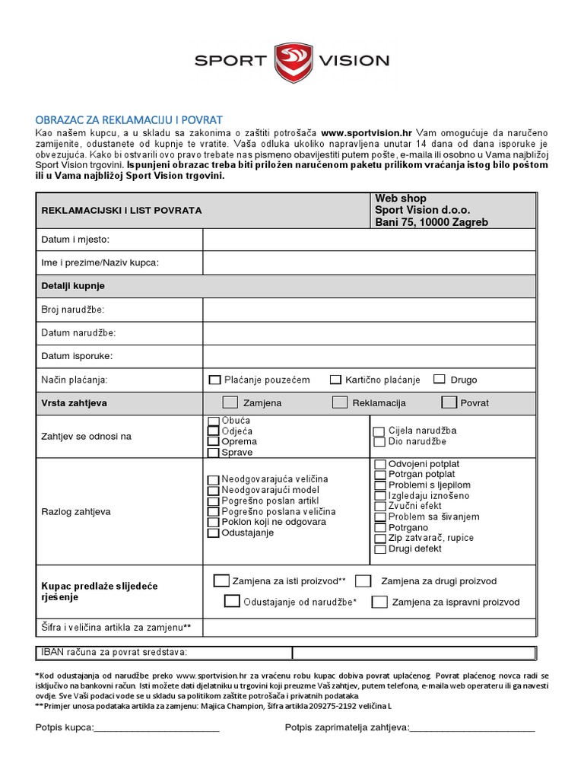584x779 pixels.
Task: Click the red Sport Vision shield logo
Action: [x=291, y=62]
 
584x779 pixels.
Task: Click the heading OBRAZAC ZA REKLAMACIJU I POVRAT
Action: [x=129, y=120]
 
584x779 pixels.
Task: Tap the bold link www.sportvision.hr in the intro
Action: [x=367, y=132]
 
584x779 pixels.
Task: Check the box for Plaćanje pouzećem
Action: [x=214, y=380]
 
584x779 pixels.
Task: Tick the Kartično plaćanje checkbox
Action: [x=335, y=380]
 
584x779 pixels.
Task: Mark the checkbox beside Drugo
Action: [x=439, y=380]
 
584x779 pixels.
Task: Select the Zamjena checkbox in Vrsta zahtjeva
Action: [x=230, y=402]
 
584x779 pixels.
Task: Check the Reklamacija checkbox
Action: [x=340, y=402]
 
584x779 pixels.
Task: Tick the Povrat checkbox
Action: [x=449, y=402]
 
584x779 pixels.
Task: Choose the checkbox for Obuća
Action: [x=213, y=421]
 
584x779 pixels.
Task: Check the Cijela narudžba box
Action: [x=379, y=431]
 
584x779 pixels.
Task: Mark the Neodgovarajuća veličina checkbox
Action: [x=213, y=479]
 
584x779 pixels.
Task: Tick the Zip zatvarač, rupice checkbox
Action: [x=380, y=538]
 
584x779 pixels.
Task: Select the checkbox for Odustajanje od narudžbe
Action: [x=232, y=602]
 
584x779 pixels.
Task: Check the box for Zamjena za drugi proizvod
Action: [x=363, y=581]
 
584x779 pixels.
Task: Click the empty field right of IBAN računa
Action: [x=414, y=652]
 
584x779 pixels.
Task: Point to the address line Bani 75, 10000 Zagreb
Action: [x=431, y=222]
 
